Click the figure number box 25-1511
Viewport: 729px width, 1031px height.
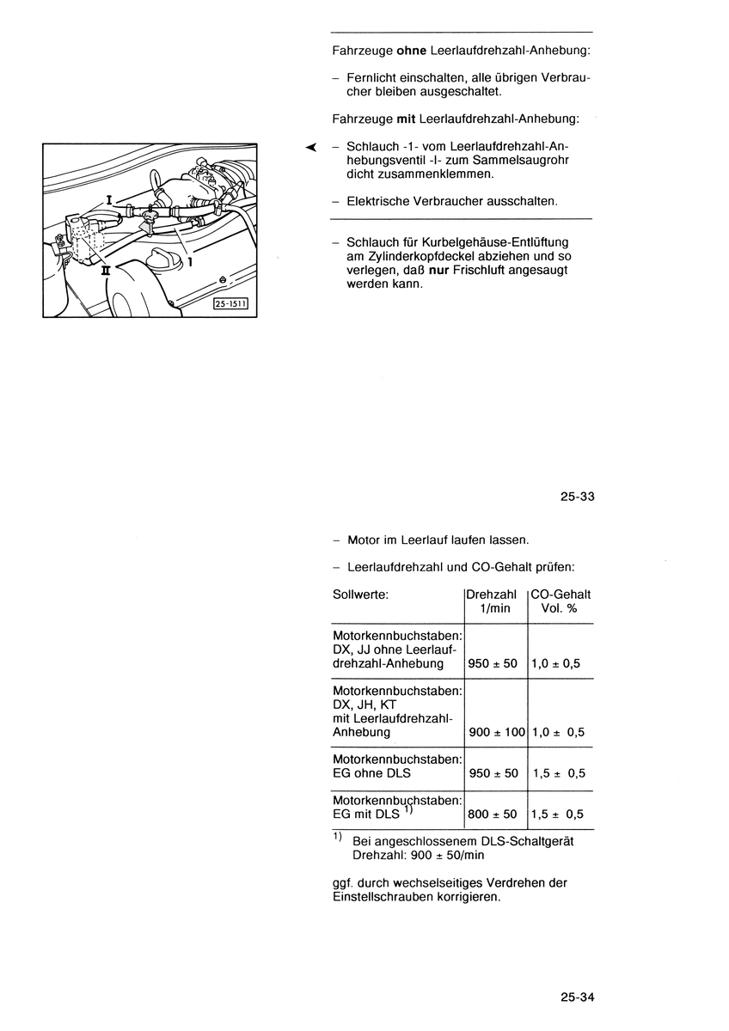click(230, 302)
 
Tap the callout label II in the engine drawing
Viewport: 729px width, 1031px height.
click(107, 268)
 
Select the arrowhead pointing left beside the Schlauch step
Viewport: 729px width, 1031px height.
click(311, 147)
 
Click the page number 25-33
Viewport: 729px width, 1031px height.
click(578, 497)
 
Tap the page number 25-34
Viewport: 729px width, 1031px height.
click(578, 997)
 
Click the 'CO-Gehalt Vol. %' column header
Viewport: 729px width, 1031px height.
click(561, 601)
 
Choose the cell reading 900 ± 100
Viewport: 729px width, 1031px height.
click(496, 733)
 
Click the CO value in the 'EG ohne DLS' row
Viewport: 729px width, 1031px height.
click(558, 773)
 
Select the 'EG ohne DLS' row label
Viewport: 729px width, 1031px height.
click(371, 773)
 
